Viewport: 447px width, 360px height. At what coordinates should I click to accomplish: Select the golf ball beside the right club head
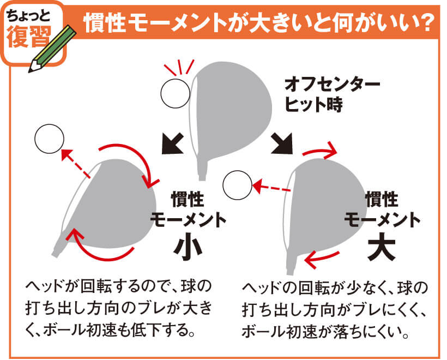[238, 184]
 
